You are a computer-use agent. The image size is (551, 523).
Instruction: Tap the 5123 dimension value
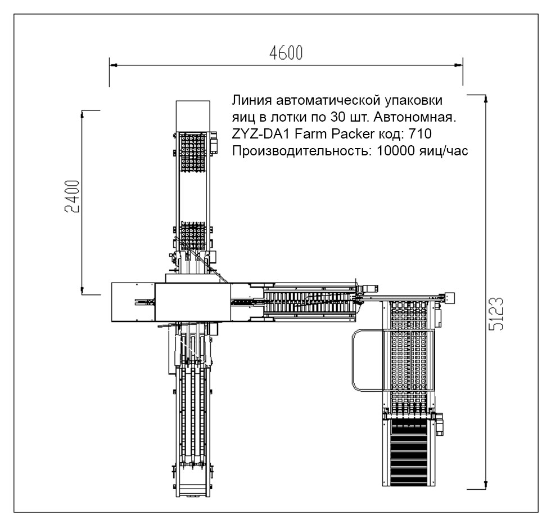click(x=496, y=314)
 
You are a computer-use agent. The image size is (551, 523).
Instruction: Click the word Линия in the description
click(x=249, y=101)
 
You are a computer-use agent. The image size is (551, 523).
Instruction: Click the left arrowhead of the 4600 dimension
click(x=112, y=65)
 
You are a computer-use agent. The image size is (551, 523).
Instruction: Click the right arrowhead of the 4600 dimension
click(x=460, y=65)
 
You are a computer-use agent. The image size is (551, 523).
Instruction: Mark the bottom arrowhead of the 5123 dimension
click(x=485, y=485)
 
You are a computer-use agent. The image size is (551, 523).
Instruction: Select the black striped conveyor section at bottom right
click(x=409, y=453)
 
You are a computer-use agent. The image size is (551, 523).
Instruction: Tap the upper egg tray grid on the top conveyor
click(x=192, y=152)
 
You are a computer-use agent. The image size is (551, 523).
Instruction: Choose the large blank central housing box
click(x=192, y=302)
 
